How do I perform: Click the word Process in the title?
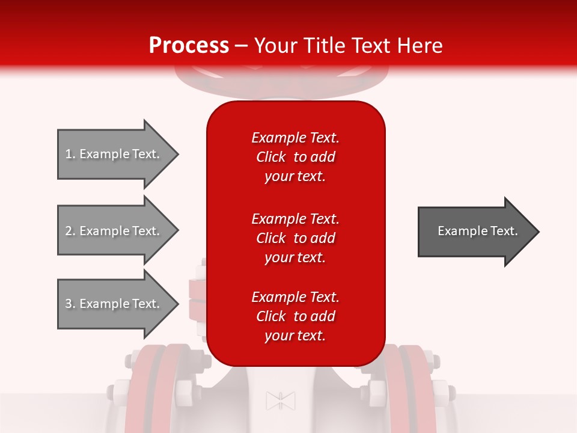pyautogui.click(x=189, y=46)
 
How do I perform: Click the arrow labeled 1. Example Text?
pyautogui.click(x=114, y=154)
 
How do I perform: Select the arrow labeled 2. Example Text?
pyautogui.click(x=114, y=231)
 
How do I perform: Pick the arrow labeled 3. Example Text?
pyautogui.click(x=114, y=304)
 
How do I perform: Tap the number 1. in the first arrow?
pyautogui.click(x=70, y=154)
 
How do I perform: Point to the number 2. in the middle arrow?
pyautogui.click(x=70, y=231)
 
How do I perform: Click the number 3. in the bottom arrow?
pyautogui.click(x=70, y=304)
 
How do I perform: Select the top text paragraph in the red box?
pyautogui.click(x=295, y=157)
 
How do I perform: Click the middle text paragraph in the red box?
pyautogui.click(x=295, y=238)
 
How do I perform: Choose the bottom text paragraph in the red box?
pyautogui.click(x=295, y=316)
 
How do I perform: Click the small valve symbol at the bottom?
pyautogui.click(x=281, y=401)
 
